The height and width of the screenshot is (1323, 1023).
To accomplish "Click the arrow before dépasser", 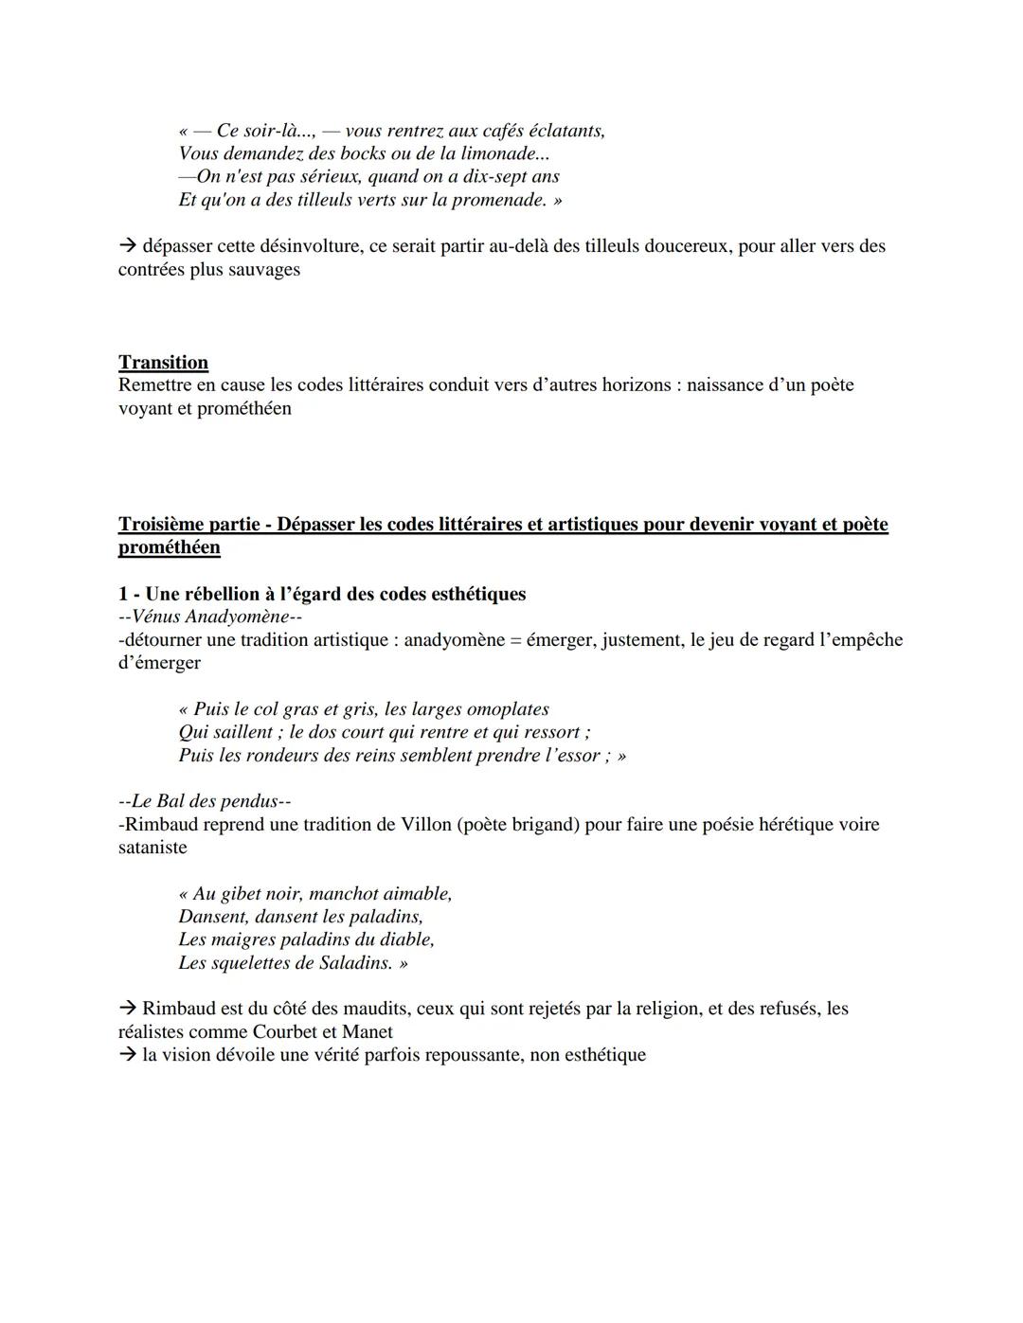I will pyautogui.click(x=128, y=246).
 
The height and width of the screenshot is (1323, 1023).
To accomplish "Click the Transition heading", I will pyautogui.click(x=163, y=363).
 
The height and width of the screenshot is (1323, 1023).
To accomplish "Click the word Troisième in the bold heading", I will pyautogui.click(x=162, y=525).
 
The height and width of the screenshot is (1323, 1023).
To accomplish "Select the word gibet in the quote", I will pyautogui.click(x=241, y=894).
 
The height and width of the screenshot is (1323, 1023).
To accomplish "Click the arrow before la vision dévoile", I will pyautogui.click(x=128, y=1055).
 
